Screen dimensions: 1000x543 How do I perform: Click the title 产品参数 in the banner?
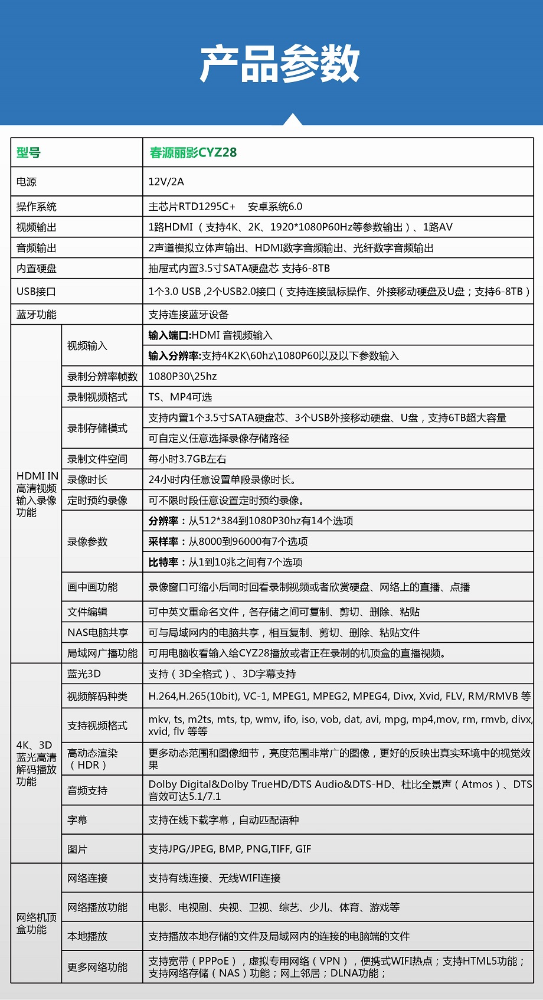279,63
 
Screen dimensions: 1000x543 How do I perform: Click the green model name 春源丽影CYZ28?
193,153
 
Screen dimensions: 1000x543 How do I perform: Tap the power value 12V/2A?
166,182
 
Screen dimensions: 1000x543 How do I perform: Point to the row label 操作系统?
37,207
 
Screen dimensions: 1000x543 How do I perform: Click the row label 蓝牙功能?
37,315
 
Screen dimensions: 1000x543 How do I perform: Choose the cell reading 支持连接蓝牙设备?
188,315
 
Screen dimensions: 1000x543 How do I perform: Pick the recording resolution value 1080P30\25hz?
182,377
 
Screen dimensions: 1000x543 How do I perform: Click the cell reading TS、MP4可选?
180,397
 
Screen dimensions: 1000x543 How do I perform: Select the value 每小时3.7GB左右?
187,459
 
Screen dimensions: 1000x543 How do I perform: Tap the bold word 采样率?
163,542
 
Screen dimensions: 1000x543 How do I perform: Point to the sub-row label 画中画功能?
92,587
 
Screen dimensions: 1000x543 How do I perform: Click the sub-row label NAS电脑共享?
97,633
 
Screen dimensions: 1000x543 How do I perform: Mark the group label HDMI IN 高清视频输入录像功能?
37,494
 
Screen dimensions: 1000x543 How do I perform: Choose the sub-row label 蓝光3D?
84,674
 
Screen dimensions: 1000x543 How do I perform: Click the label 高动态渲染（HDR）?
92,759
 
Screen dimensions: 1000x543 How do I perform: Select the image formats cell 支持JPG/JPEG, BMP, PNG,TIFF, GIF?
230,849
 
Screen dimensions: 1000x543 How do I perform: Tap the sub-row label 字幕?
77,820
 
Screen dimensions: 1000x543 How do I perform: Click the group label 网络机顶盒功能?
37,923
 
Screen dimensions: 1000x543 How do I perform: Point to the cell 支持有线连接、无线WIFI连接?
214,878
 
